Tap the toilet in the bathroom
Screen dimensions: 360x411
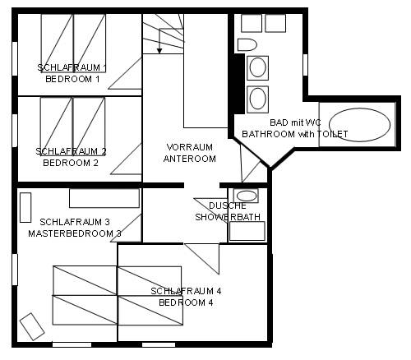click(247, 44)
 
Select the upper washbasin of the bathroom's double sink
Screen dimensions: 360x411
click(257, 67)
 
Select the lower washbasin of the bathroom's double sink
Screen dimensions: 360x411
click(257, 99)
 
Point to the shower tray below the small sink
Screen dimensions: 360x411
click(247, 229)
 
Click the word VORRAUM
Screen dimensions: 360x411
click(189, 147)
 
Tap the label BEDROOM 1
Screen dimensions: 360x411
click(72, 80)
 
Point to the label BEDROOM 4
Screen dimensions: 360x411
click(186, 302)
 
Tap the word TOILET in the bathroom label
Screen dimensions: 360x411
click(332, 134)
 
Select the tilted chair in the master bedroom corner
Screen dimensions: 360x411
click(32, 326)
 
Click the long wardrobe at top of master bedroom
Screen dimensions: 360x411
click(104, 199)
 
